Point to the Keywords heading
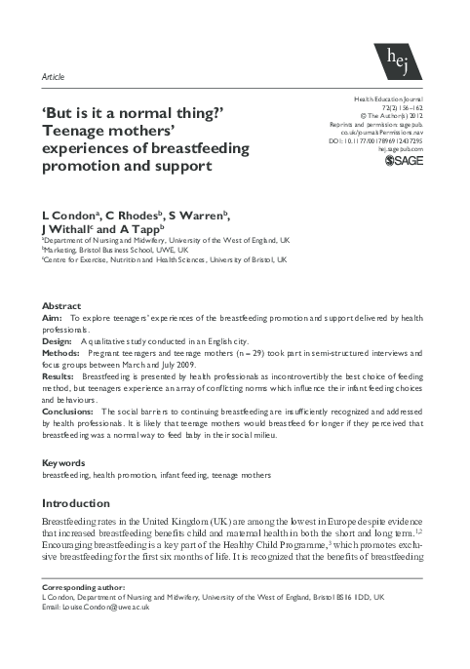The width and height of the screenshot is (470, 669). pyautogui.click(x=62, y=461)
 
